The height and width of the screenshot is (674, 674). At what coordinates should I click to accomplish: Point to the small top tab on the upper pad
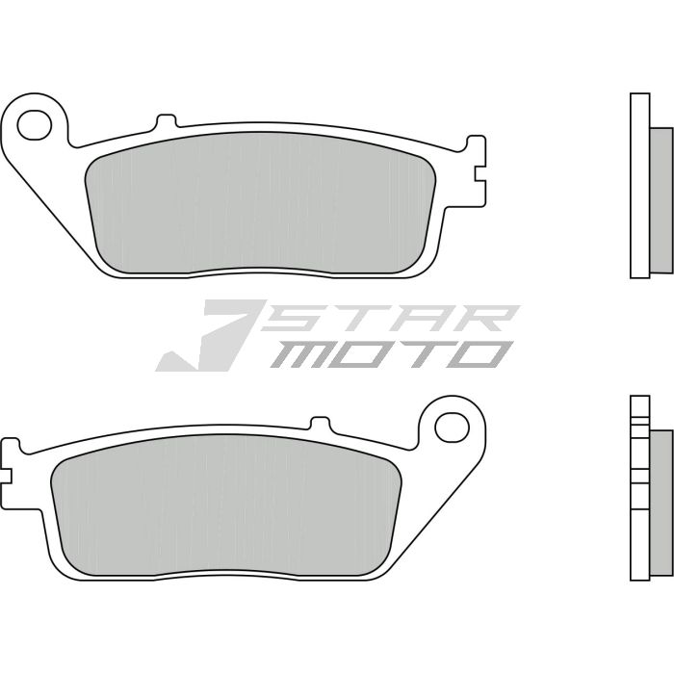(167, 122)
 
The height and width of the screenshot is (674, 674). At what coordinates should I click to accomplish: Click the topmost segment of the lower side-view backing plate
(635, 407)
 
